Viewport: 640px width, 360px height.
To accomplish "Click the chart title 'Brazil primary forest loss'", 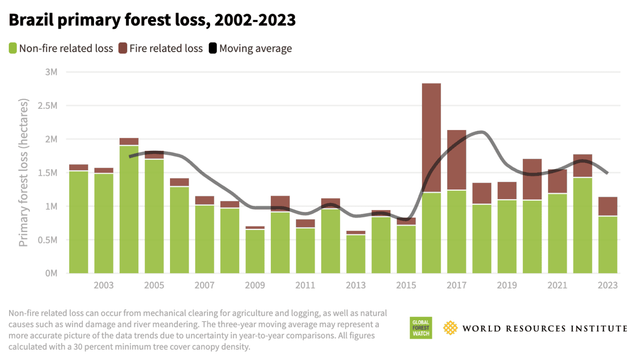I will point(152,20).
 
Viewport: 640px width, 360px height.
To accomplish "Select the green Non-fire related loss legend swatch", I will point(13,48).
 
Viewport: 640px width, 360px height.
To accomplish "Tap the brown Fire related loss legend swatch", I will point(122,48).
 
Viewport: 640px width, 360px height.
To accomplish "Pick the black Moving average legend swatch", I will point(213,48).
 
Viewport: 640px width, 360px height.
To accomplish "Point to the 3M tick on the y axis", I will point(51,72).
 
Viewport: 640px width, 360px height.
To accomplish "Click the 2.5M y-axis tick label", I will point(47,106).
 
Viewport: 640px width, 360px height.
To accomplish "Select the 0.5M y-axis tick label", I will point(47,240).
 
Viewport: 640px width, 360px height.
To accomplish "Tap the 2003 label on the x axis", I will point(104,285).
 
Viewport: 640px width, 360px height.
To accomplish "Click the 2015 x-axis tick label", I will point(406,285).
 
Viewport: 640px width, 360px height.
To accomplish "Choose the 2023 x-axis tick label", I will point(607,285).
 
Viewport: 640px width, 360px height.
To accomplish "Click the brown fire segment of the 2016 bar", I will point(431,137).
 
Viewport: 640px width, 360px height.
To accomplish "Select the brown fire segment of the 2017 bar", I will point(457,160).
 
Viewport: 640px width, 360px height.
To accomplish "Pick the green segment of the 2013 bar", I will point(356,254).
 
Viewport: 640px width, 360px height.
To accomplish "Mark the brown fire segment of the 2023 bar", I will point(607,206).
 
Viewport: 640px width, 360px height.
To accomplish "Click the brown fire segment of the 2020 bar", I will point(532,179).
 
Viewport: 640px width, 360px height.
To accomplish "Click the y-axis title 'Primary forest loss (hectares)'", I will point(23,172).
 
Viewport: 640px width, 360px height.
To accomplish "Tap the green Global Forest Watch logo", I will point(421,328).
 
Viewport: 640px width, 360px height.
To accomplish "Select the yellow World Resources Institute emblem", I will point(450,328).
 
